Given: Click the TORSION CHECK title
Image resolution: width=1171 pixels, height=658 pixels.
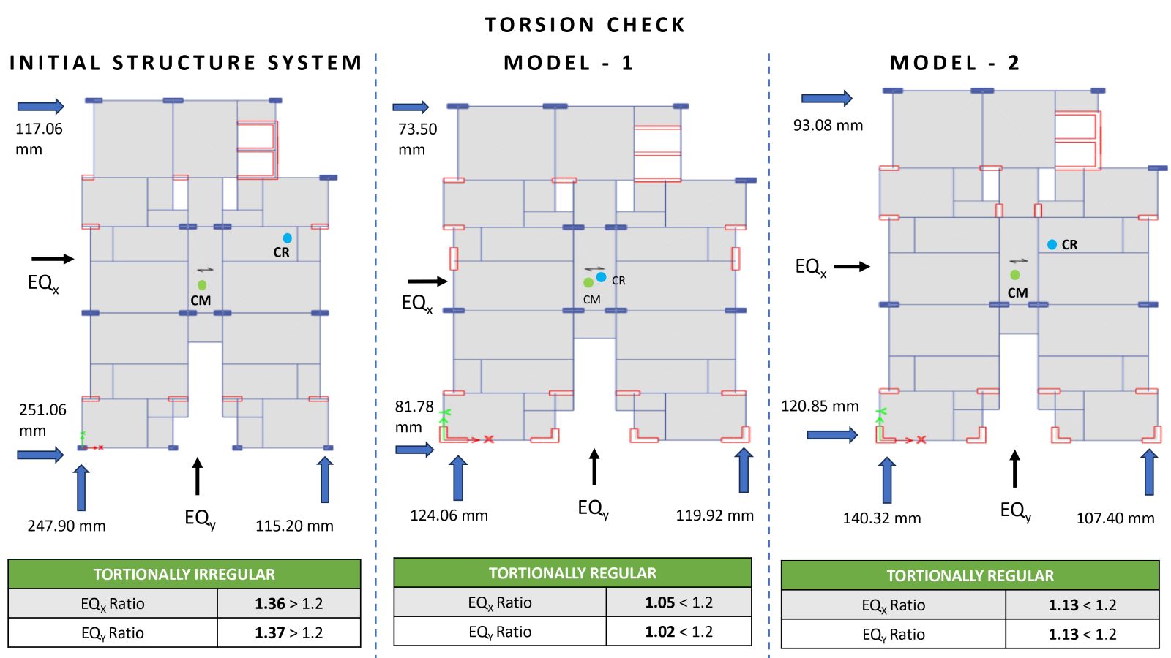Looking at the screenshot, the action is [x=585, y=25].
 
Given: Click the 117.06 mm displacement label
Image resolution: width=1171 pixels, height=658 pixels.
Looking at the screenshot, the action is [x=39, y=139].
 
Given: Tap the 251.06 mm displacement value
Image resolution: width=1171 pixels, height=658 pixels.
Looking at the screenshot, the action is [x=43, y=420].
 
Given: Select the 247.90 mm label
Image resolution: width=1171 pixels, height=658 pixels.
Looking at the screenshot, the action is [x=67, y=526].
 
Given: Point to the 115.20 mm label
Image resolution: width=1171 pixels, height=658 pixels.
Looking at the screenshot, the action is [x=294, y=526].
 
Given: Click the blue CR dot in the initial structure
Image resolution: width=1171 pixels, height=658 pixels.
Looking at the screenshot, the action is [x=287, y=238].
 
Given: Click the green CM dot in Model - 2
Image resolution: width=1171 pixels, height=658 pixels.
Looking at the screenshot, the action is [x=1014, y=275].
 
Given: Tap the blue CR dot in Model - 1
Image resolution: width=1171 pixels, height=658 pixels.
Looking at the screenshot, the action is [x=601, y=277].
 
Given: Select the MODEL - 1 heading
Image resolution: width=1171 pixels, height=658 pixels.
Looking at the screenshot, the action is [x=569, y=63].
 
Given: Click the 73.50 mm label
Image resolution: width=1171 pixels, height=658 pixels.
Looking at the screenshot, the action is [x=418, y=139].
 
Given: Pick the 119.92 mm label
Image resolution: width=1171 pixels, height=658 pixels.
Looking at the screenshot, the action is [x=714, y=515].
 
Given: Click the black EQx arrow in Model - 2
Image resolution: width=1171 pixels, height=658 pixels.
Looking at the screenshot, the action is [x=852, y=266].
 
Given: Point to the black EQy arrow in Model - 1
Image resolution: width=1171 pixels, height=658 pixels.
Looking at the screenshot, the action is [x=594, y=467].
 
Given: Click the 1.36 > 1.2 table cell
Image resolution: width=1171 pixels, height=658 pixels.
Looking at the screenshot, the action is [x=288, y=604].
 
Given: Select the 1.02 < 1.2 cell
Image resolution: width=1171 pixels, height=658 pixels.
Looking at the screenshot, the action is [x=678, y=632].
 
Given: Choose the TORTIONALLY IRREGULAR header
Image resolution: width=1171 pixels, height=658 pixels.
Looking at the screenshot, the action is [x=184, y=575].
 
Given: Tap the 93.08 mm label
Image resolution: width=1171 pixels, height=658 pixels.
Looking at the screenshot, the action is [x=828, y=125].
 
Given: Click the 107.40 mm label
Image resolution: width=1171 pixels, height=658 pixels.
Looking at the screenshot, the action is [x=1115, y=518].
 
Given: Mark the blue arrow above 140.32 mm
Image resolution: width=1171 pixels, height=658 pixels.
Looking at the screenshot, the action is [x=886, y=480].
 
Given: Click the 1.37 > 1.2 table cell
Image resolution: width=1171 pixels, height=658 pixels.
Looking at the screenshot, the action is [x=288, y=633].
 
